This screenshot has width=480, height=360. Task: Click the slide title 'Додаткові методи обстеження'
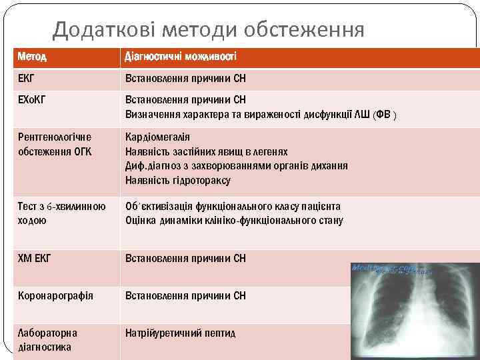[x=209, y=30]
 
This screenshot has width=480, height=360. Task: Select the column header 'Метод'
[x=33, y=57]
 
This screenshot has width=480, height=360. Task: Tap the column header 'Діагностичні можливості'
[x=180, y=57]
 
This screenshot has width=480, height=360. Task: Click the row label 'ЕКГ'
[x=27, y=79]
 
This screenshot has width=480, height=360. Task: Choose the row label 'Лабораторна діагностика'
[x=47, y=339]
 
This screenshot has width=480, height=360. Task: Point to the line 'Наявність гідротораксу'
[x=178, y=180]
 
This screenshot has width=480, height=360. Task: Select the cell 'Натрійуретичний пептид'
[x=180, y=333]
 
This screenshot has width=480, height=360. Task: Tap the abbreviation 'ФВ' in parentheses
[x=385, y=114]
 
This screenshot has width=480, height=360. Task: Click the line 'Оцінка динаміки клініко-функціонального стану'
[x=234, y=220]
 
